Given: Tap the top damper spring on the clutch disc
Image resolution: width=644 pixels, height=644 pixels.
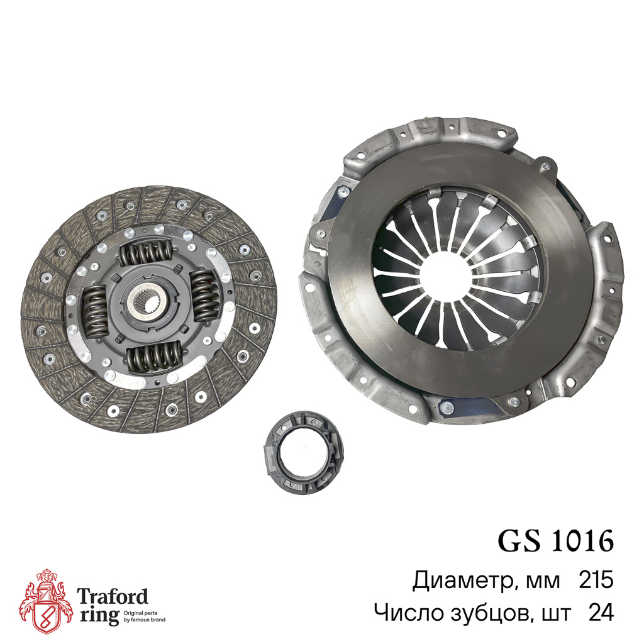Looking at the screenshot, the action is (145, 252).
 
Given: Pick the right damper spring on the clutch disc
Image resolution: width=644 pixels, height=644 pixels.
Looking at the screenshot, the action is (206, 296).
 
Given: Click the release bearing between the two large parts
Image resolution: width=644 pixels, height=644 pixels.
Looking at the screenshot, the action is (304, 453).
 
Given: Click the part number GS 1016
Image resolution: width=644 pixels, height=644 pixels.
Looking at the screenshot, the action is (556, 540).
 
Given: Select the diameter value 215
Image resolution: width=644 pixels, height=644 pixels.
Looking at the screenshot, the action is (596, 580).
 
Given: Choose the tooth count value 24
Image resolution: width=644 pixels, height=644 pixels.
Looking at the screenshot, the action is (601, 613).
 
